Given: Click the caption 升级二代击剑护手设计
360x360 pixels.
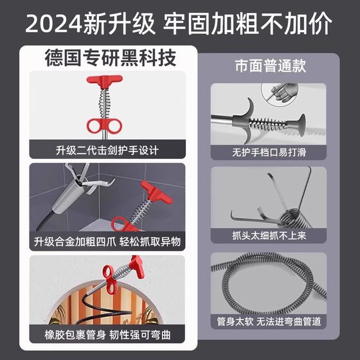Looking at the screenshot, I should click(x=106, y=150).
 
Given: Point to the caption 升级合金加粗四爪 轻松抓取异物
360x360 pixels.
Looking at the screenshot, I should click(x=106, y=242).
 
